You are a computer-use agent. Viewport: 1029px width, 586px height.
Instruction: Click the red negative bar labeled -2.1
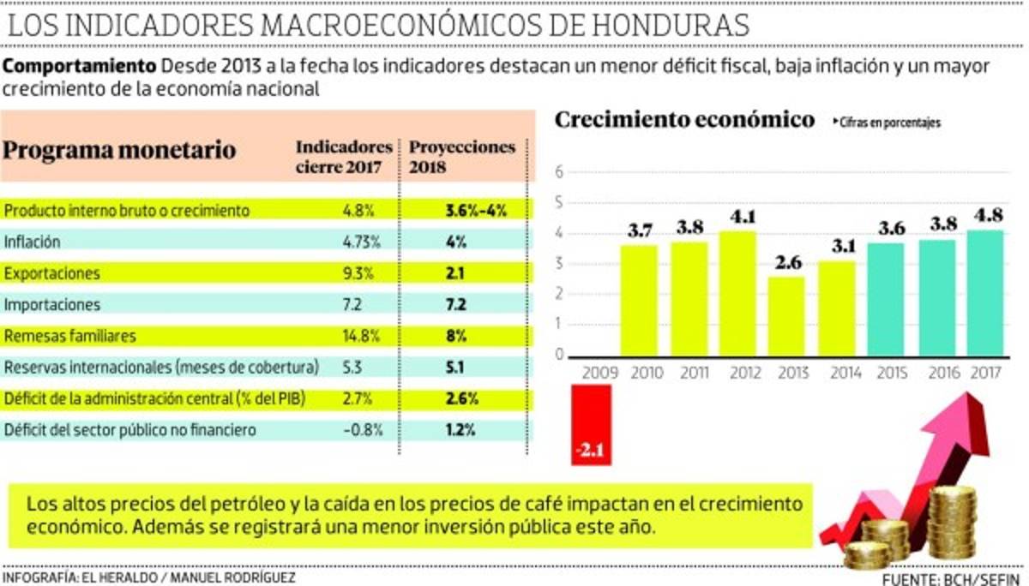pos(592,425)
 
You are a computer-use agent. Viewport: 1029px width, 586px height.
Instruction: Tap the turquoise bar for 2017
pos(985,293)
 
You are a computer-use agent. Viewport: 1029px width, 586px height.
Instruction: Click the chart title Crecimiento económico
pos(684,119)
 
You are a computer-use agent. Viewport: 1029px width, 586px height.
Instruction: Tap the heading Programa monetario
pos(120,151)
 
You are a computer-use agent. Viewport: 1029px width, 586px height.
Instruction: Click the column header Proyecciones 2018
pos(462,156)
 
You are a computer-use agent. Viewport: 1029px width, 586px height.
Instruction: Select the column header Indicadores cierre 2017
pos(344,156)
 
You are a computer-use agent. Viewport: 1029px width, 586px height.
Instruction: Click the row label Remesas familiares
pos(70,336)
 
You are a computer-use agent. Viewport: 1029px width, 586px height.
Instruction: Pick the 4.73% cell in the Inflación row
pos(360,242)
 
